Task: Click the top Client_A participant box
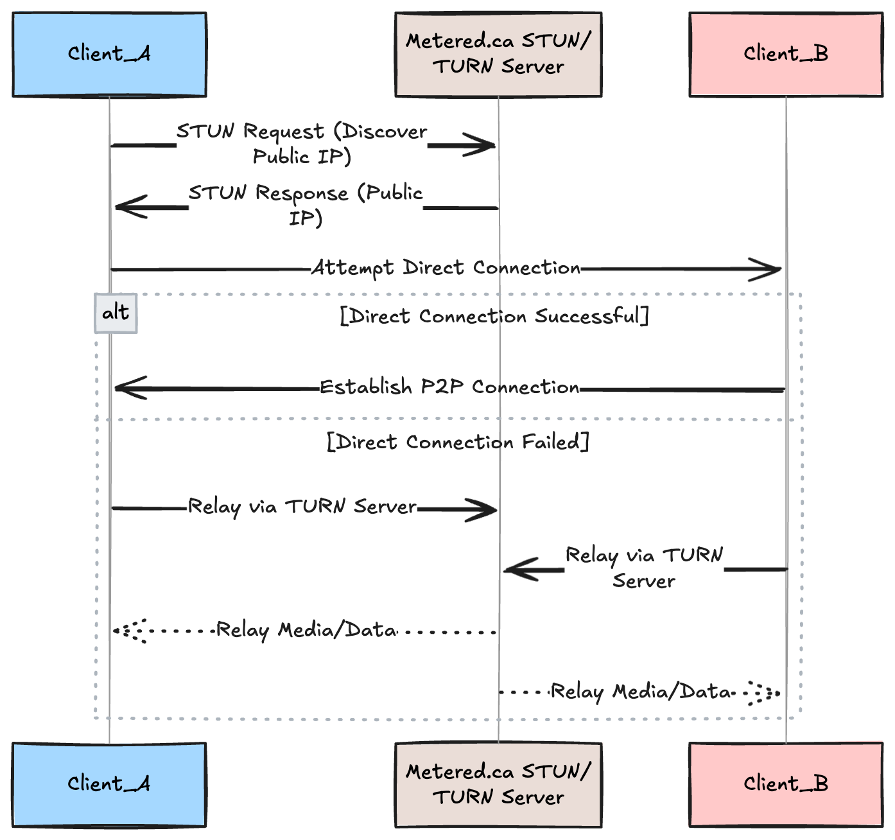point(109,55)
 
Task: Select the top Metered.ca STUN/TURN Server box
point(498,55)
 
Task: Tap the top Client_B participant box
point(786,55)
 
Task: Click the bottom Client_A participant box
point(109,785)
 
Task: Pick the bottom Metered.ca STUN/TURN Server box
point(498,785)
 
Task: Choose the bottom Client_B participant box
point(786,785)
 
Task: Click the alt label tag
point(116,313)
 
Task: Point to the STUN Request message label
point(302,144)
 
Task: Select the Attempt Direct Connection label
point(446,268)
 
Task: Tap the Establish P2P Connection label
point(449,387)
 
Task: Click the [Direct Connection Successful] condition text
point(494,316)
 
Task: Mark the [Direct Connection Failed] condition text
point(458,442)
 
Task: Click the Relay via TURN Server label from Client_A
point(302,507)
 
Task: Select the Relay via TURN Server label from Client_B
point(644,568)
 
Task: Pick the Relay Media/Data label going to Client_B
point(641,692)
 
